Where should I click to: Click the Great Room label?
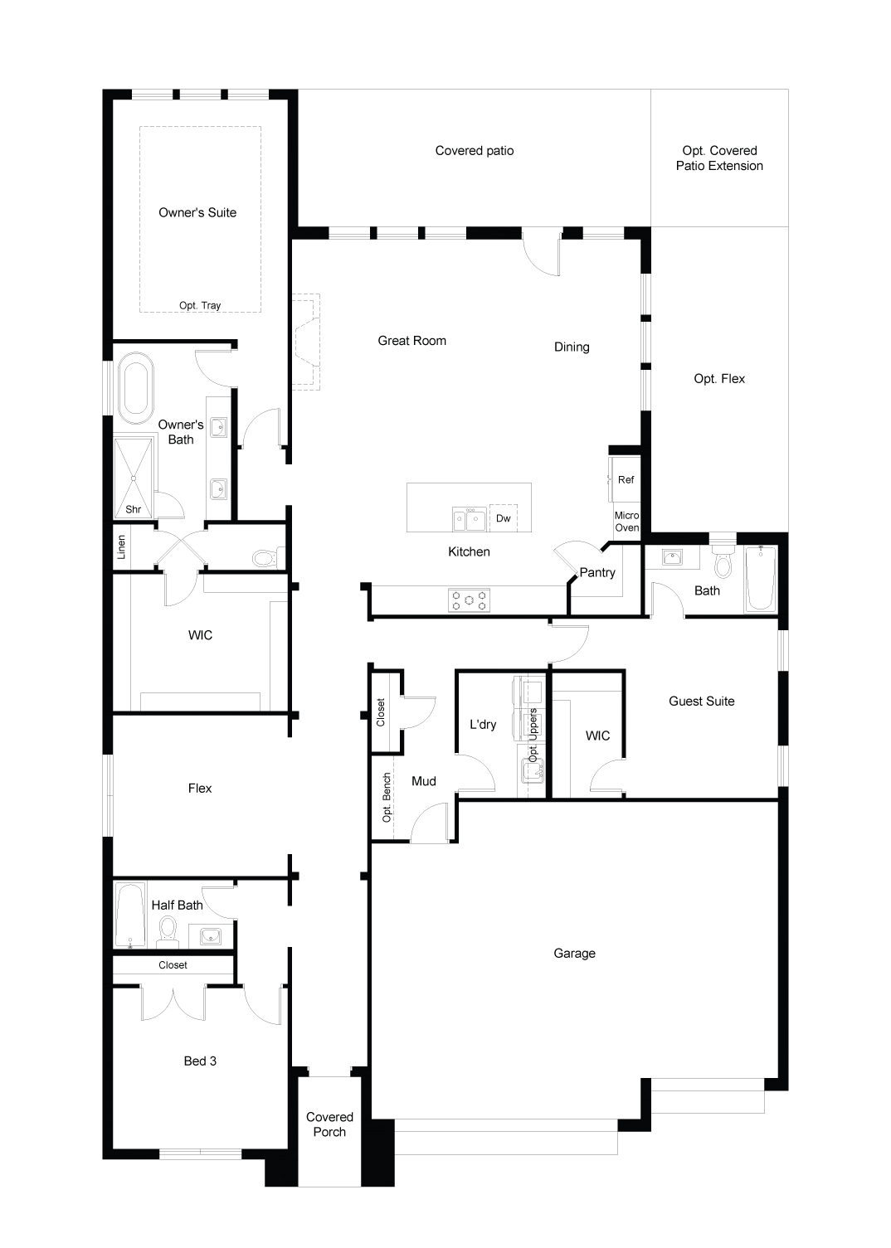point(411,341)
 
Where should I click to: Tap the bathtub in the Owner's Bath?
point(136,388)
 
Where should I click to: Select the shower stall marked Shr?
point(134,478)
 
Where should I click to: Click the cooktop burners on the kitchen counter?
point(470,600)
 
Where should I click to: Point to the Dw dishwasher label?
point(504,518)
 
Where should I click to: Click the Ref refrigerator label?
point(626,479)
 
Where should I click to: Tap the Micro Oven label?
point(627,522)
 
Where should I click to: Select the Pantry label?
point(597,572)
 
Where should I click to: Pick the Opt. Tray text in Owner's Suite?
point(200,305)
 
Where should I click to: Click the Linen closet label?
point(121,547)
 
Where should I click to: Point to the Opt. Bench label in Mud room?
point(387,797)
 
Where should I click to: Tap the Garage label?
point(574,954)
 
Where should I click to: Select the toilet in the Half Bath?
point(168,932)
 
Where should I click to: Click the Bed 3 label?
point(200,1061)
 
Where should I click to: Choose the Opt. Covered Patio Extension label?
point(719,158)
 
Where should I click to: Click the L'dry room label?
point(483,724)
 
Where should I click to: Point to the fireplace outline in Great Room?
point(306,342)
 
